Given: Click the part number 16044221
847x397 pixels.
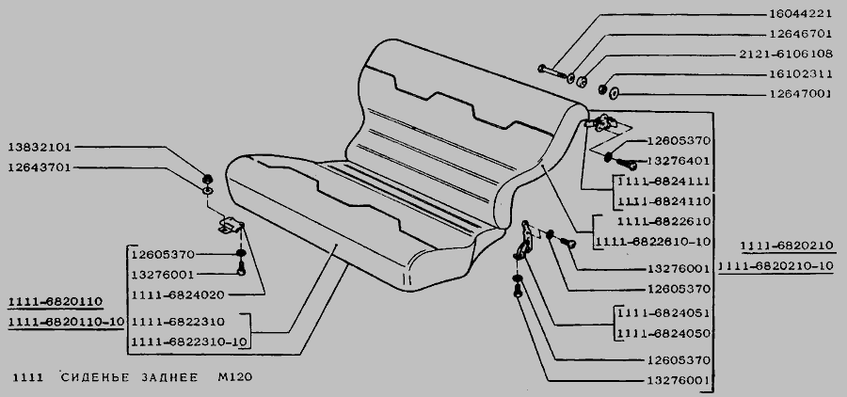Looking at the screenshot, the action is tap(801, 14).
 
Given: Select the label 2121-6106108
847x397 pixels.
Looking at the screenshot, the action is tap(786, 54).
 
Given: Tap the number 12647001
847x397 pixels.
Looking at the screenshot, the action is tap(801, 94).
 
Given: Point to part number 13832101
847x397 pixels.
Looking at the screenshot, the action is tap(40, 147).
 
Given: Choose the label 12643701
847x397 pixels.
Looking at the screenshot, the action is tap(40, 167).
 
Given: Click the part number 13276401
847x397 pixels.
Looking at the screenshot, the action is tap(679, 161).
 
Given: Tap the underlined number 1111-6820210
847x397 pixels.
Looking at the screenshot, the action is tap(787, 246).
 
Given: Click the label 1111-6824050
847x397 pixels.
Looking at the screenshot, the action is tap(663, 333).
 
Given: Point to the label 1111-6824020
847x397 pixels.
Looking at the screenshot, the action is tap(178, 294).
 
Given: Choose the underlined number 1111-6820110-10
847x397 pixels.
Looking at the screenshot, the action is tap(67, 322).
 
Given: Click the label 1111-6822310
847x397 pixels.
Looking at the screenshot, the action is tap(178, 322).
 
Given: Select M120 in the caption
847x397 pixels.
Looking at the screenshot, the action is tap(235, 377).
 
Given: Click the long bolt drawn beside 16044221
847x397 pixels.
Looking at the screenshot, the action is tap(552, 71).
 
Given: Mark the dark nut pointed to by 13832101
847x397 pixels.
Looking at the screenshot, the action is tap(206, 179).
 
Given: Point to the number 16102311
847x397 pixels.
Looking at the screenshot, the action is tap(801, 74).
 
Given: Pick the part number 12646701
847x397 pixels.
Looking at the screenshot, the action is tap(801, 34).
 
